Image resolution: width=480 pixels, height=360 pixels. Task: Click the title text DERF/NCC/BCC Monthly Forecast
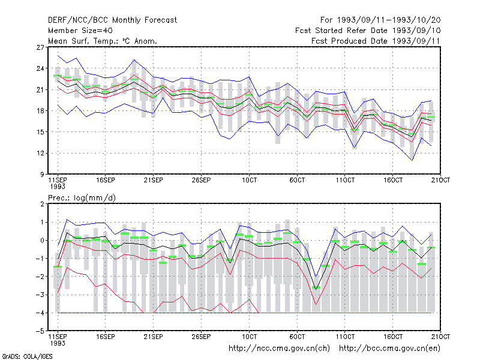pos(112,20)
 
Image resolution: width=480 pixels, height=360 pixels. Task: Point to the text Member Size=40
pos(80,31)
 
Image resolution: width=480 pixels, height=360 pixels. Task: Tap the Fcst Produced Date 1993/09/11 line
pos(376,41)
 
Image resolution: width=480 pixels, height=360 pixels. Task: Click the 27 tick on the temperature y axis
pos(40,47)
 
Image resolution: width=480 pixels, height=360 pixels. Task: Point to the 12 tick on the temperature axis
pos(40,153)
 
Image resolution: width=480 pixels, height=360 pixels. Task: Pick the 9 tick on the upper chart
pos(42,174)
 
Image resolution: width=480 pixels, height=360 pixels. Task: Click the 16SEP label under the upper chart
pos(106,180)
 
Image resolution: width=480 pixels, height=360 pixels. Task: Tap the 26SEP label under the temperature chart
pos(201,180)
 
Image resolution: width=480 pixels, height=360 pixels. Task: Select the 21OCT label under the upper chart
pos(440,180)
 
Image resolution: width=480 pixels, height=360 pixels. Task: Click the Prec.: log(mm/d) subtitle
pos(82,198)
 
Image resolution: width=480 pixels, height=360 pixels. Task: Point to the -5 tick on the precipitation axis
pos(40,331)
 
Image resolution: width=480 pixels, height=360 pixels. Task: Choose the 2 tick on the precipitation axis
pos(42,204)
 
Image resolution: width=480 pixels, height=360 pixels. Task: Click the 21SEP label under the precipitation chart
pos(153,337)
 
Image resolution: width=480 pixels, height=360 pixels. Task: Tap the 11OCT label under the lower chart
pos(345,337)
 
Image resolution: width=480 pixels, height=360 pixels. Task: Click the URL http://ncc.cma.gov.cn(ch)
pos(279,349)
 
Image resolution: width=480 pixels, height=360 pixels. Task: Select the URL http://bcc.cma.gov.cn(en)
pos(389,349)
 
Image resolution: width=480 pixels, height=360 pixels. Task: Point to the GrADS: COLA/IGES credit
pos(27,356)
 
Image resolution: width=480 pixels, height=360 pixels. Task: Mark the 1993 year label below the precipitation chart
pos(58,343)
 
